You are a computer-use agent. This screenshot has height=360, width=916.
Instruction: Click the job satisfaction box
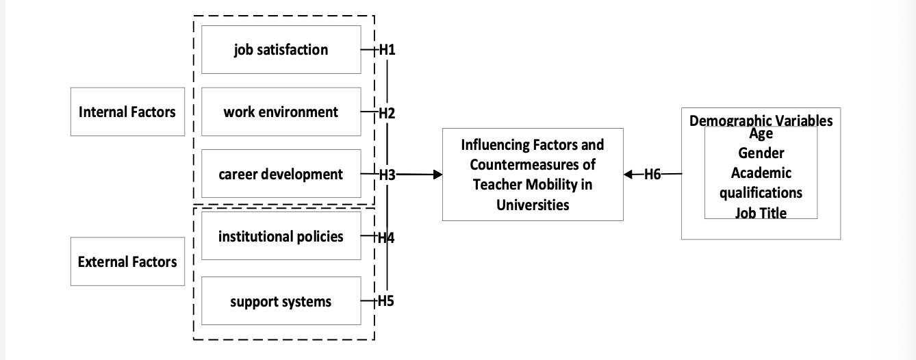coord(281,49)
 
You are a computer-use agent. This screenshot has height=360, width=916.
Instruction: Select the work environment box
coord(281,112)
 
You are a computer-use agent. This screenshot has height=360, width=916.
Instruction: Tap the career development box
coord(281,174)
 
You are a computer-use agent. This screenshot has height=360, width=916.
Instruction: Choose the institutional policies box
coord(281,235)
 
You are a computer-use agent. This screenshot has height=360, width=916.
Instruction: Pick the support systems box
coord(281,300)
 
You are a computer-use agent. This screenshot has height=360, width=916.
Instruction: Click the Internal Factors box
coord(127,112)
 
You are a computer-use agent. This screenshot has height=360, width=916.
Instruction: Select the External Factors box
coord(127,261)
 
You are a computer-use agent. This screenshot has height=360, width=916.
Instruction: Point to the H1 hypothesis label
coord(387,50)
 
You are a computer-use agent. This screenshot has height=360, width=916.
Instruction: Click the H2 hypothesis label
coord(387,113)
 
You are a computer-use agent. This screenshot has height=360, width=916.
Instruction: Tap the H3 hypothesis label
coord(387,175)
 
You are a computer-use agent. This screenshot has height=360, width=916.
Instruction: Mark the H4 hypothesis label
coord(386,237)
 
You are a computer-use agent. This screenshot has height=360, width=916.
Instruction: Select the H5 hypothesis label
coord(386,300)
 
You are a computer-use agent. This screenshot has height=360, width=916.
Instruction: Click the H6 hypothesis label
coord(652,175)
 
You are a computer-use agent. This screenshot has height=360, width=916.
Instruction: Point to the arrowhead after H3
coord(438,175)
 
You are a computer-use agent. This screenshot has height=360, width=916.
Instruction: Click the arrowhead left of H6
coord(628,175)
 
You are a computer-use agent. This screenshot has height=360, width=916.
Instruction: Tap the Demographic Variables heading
coord(761,120)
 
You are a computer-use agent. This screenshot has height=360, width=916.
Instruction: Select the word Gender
coord(761,153)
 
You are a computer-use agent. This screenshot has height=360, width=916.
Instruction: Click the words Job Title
coord(761,213)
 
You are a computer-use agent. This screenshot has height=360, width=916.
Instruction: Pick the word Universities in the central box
coord(533,205)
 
